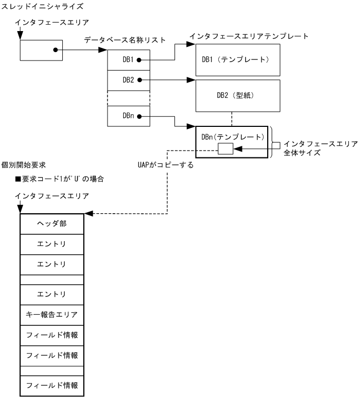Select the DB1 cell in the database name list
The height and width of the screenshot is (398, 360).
129,60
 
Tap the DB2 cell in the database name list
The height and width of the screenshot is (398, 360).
129,81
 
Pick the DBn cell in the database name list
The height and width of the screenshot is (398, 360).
129,116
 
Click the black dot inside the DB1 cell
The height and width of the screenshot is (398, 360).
139,60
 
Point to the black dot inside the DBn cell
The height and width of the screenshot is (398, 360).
139,116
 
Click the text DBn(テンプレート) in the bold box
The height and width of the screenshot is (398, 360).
232,137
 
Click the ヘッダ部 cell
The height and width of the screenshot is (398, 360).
51,223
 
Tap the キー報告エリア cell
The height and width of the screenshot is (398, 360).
51,315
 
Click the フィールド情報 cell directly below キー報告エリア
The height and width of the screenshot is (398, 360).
51,335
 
